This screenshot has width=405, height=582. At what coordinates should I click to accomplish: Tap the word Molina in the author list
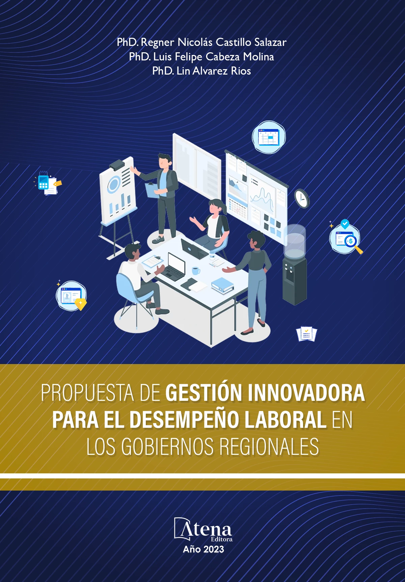coord(259,57)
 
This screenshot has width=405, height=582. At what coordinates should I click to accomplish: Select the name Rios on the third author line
coord(241,71)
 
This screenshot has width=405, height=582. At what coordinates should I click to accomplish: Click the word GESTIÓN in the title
coord(204,393)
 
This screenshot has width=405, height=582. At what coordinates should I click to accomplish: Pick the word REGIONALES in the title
coord(269,447)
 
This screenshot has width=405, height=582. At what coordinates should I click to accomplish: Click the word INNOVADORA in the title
coord(306,393)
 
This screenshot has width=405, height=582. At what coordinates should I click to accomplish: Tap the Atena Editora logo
coord(203,529)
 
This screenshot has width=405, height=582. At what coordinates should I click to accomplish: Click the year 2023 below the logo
coord(214,550)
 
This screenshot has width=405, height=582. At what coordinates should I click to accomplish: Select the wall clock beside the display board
coord(301,198)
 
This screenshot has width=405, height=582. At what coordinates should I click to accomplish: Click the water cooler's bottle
coord(295,241)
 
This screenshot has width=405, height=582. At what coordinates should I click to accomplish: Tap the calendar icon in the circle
coord(269,137)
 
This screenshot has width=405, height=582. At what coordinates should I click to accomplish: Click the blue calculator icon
coord(43,182)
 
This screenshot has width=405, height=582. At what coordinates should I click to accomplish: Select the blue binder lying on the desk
coord(222,285)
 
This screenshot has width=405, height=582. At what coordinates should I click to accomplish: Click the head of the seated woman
coord(215,206)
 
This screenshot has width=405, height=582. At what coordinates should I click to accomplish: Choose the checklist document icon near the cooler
coord(306,334)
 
